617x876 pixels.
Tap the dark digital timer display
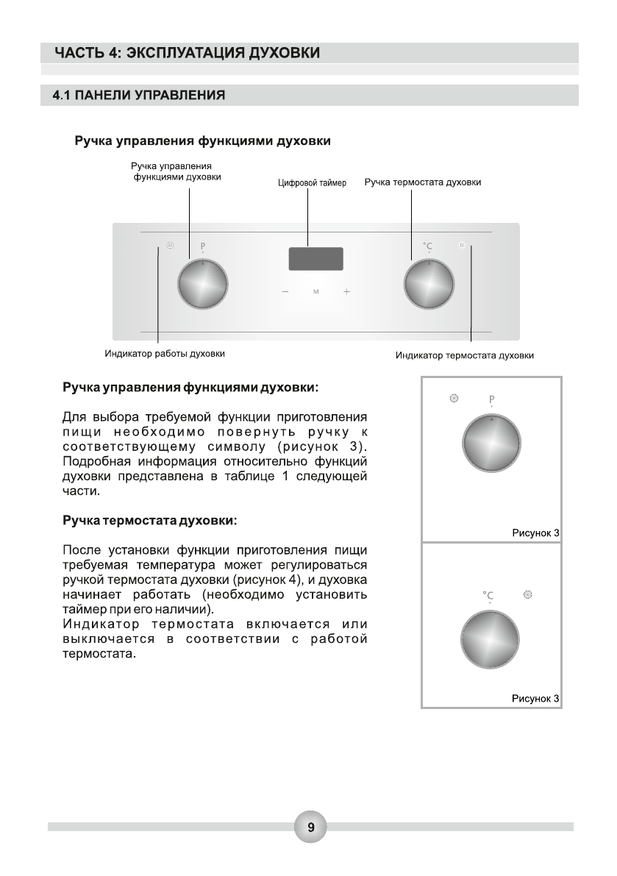pyautogui.click(x=315, y=259)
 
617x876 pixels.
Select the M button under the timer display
pyautogui.click(x=315, y=293)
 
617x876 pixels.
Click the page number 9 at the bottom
pyautogui.click(x=310, y=827)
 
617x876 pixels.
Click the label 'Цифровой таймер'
pyautogui.click(x=312, y=183)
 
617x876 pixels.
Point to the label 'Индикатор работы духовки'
pyautogui.click(x=164, y=354)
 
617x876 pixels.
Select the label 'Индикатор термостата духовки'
pyautogui.click(x=464, y=356)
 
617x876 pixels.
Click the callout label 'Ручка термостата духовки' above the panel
pyautogui.click(x=423, y=182)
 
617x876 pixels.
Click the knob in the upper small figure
pyautogui.click(x=491, y=445)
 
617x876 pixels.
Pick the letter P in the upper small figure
pyautogui.click(x=491, y=401)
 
